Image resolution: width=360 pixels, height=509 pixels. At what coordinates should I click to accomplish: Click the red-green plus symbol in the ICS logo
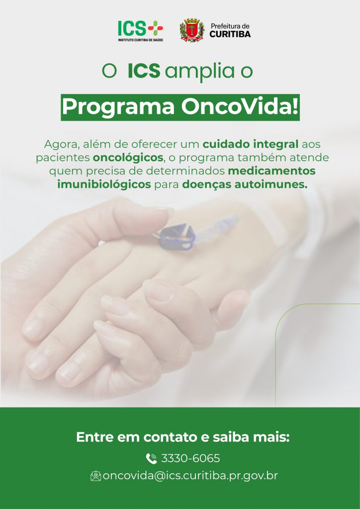[x=156, y=28]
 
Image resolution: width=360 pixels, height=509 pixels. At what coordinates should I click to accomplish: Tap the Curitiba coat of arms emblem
[x=192, y=30]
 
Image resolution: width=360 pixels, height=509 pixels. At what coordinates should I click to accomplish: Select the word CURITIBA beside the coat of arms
[x=230, y=34]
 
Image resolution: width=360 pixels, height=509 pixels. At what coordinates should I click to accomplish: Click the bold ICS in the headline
[x=144, y=71]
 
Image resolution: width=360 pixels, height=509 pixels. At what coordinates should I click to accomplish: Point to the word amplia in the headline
[x=199, y=73]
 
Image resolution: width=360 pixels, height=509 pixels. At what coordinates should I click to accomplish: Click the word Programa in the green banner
[x=118, y=107]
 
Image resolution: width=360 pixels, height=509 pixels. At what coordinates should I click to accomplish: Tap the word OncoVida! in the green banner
[x=240, y=107]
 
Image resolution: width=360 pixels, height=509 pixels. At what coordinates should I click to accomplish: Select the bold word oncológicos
[x=128, y=158]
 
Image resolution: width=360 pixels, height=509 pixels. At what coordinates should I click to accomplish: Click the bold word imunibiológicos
[x=104, y=185]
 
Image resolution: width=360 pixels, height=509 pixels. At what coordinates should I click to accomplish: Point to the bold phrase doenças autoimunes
[x=245, y=185]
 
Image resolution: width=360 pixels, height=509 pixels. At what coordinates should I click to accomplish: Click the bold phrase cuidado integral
[x=250, y=145]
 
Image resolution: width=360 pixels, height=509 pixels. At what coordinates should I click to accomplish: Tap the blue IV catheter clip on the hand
[x=177, y=237]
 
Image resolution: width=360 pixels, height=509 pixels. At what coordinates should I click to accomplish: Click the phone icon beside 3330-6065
[x=151, y=459]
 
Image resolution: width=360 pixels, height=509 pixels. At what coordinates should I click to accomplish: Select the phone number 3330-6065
[x=190, y=459]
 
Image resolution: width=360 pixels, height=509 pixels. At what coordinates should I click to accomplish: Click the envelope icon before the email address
[x=96, y=476]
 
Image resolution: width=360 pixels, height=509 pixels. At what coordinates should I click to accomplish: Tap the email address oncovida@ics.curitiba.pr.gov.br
[x=190, y=476]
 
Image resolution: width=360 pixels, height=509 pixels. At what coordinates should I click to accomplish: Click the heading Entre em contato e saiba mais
[x=183, y=437]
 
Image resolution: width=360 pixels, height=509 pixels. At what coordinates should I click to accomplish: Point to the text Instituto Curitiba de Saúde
[x=141, y=40]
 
